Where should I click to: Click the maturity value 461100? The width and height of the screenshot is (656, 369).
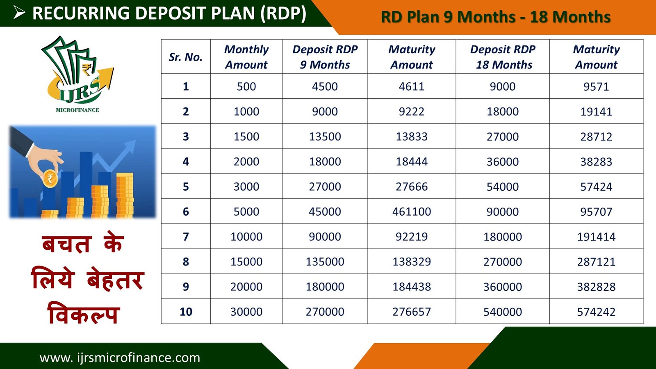[412, 212]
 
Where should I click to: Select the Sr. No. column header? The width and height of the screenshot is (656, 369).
[186, 57]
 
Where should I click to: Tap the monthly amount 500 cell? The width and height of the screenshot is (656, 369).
[246, 87]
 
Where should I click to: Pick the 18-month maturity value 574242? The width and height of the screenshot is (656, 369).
[596, 312]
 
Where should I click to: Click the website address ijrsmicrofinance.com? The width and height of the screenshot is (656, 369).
[120, 358]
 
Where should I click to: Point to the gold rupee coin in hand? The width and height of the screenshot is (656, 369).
[50, 178]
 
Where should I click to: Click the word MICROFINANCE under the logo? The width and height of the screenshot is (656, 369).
[77, 110]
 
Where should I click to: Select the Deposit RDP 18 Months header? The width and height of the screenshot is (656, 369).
[503, 57]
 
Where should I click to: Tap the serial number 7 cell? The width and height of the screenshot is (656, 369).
[186, 237]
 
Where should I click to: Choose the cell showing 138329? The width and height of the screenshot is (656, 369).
[412, 262]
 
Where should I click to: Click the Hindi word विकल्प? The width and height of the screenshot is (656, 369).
[84, 313]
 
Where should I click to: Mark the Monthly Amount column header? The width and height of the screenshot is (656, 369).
[246, 57]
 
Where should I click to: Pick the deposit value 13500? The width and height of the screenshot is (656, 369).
[325, 137]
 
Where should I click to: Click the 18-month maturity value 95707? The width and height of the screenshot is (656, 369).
[596, 212]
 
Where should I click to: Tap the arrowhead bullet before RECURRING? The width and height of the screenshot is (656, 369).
[19, 13]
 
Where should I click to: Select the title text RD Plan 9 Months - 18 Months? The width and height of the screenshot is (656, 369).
[496, 17]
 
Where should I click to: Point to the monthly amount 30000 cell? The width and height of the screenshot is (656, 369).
[246, 312]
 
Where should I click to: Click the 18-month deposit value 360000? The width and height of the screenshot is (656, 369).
[503, 287]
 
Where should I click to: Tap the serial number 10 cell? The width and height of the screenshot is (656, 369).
[186, 312]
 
